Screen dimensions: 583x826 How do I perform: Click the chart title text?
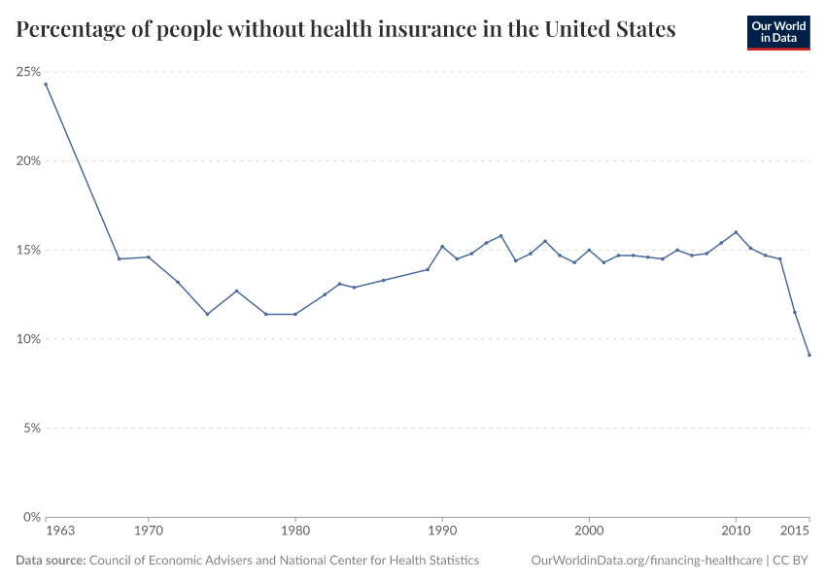point(346,29)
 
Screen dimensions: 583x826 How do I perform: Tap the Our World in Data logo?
point(777,32)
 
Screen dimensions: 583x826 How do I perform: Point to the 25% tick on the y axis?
point(27,72)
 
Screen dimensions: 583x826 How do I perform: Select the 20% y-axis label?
point(27,161)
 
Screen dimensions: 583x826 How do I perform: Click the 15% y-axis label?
point(27,250)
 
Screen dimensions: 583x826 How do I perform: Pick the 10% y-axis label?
point(27,339)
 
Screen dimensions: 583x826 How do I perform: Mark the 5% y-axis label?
point(29,429)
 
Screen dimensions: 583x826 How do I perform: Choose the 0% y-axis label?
point(29,517)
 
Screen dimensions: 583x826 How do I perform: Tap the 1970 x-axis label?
point(148,532)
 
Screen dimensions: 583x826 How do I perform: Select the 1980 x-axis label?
point(294,532)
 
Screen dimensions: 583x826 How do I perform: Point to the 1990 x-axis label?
point(442,532)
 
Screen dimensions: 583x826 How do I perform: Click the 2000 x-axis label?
point(589,532)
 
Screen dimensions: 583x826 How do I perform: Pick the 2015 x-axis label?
point(795,532)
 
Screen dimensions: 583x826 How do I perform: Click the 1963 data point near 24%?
point(46,84)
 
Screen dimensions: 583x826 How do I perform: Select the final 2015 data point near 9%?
point(809,355)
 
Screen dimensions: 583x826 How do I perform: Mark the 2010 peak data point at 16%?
point(736,232)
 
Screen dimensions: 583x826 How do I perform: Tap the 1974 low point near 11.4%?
point(207,314)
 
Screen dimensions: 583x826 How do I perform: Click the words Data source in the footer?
point(50,561)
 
